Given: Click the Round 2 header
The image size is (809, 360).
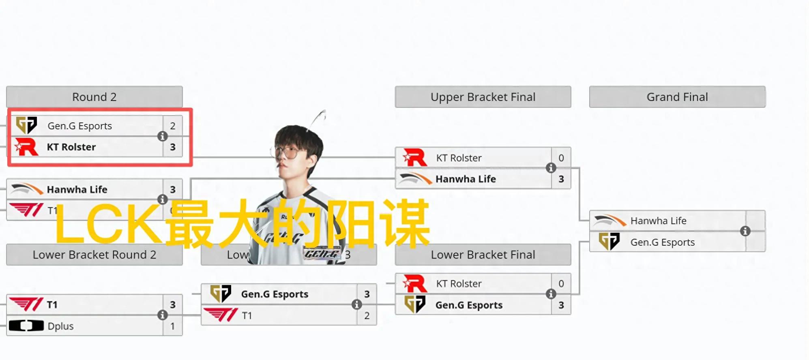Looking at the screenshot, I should [94, 97].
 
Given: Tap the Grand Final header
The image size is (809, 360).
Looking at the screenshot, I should [677, 97].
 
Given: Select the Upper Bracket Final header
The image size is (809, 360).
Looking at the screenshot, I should [483, 97].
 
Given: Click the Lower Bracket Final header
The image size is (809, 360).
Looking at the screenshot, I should [483, 255].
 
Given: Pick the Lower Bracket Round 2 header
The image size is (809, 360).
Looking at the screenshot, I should [94, 255].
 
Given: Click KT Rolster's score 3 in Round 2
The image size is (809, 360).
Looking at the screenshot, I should [173, 147].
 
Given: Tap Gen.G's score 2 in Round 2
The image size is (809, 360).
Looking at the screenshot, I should [173, 126].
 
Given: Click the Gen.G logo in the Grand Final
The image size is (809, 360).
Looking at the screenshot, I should [609, 242].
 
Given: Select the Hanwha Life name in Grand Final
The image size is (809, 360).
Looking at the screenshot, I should [658, 221].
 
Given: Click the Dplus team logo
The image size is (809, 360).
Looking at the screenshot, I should [26, 326].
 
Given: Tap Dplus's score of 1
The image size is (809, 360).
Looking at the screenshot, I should [173, 326].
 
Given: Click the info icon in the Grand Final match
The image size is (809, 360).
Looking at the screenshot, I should [745, 231].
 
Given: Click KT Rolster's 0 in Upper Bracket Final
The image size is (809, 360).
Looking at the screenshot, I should [561, 158].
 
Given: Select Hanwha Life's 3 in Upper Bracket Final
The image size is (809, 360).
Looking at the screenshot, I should [561, 179].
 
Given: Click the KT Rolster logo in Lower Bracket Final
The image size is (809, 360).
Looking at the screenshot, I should [415, 283].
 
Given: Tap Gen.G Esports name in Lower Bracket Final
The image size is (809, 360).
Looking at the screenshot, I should [469, 305].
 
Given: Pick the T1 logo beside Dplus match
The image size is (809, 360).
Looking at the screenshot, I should [26, 304].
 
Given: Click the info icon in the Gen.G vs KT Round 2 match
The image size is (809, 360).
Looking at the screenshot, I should [163, 136].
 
